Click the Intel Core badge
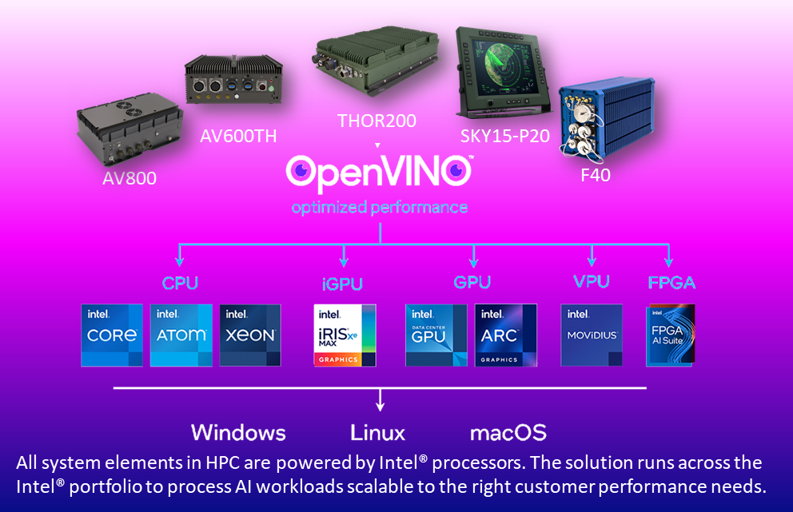tap(112, 335)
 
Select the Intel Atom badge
tap(181, 335)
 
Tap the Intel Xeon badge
tap(250, 335)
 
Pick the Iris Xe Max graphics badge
tap(345, 335)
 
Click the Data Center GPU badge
tap(436, 335)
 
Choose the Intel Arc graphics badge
tap(505, 335)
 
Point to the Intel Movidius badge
tap(592, 335)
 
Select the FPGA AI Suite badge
tap(670, 335)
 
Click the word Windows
tap(238, 433)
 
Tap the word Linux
tap(377, 433)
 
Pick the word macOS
tap(508, 433)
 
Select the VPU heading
tap(591, 281)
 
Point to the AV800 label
tap(130, 178)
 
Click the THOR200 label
tap(377, 121)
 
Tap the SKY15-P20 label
tap(504, 136)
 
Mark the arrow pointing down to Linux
tap(380, 400)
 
